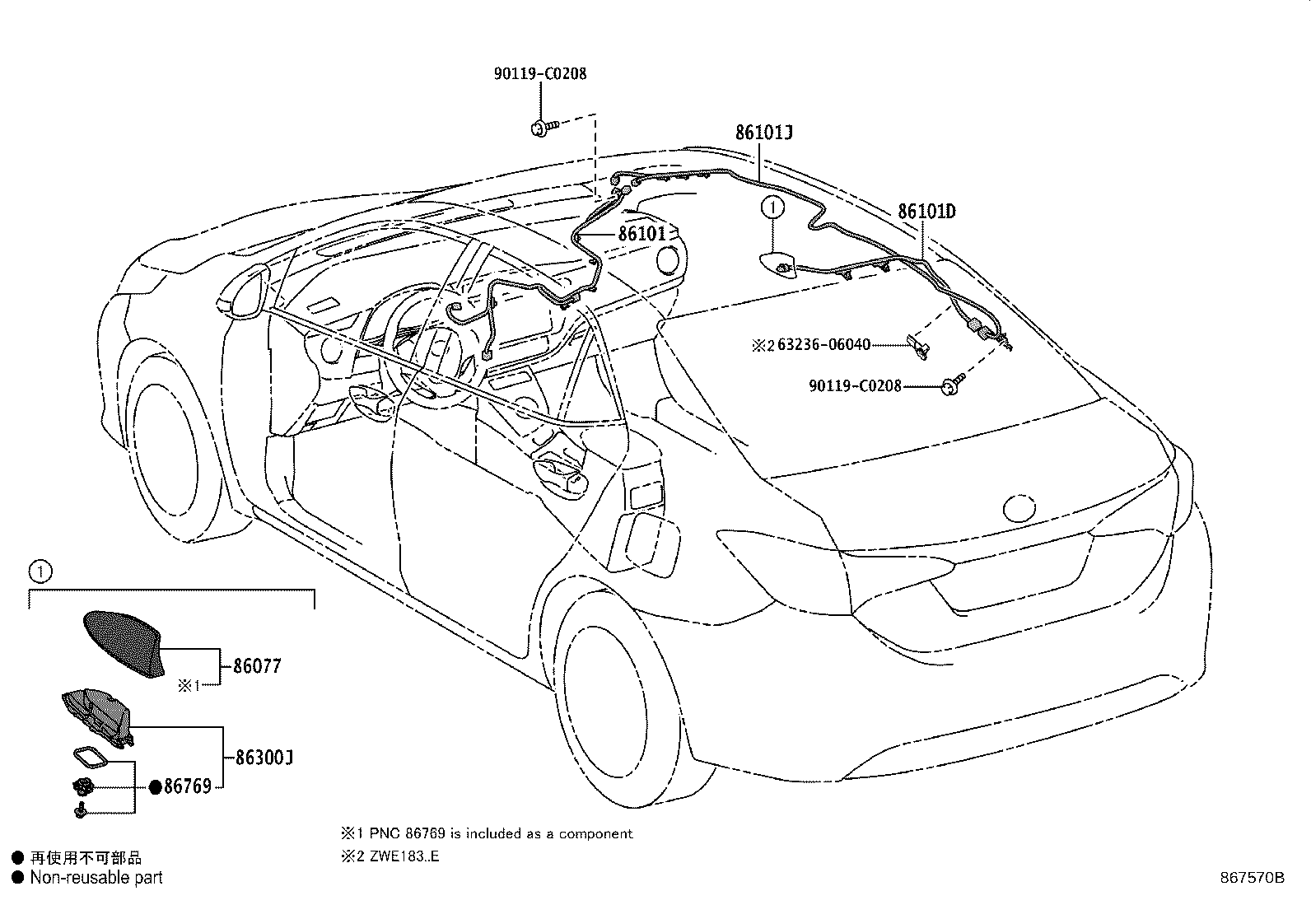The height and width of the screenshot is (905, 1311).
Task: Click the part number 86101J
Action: point(763,132)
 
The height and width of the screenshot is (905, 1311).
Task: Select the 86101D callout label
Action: point(926,212)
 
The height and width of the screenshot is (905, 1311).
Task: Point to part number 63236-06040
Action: point(823,345)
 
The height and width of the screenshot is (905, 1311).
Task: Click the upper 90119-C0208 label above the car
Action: point(539,73)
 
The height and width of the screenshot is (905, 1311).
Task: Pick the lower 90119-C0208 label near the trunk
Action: point(855,385)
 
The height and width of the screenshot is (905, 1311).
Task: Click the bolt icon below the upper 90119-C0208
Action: point(544,127)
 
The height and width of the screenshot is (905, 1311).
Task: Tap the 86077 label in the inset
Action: point(256,665)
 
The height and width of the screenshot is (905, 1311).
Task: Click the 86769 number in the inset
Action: point(187,786)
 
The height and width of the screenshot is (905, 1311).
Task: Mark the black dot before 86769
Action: point(155,786)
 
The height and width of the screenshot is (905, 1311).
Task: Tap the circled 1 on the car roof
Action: point(773,208)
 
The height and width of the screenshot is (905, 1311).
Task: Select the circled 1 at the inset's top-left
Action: point(39,569)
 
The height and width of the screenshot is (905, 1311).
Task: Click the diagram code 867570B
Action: point(1252,878)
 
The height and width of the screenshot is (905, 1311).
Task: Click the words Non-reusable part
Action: point(96,878)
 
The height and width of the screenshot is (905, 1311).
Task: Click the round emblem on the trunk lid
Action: point(1023,508)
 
